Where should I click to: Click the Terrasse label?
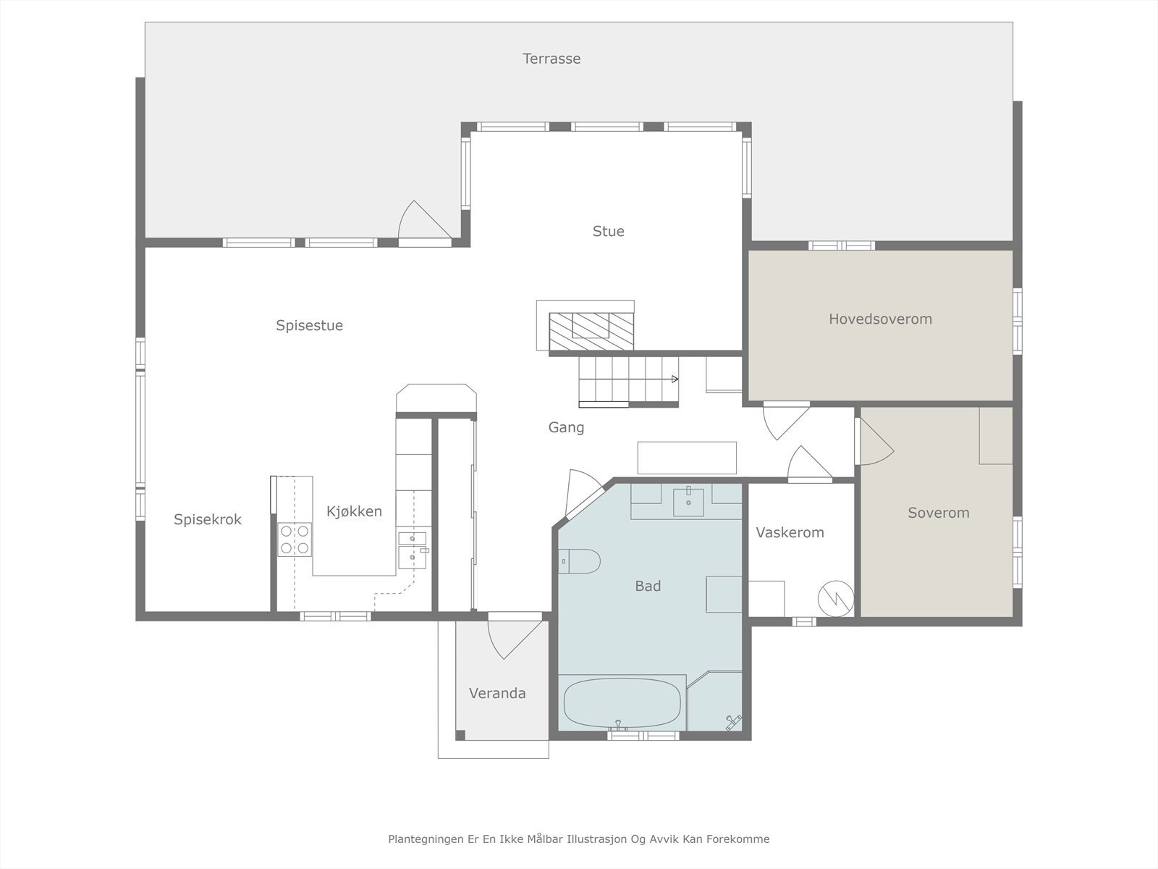[551, 59]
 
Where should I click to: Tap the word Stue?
[608, 231]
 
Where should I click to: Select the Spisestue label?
[309, 326]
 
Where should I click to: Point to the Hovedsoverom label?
[880, 319]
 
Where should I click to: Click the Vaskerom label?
[790, 532]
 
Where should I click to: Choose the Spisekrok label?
[207, 520]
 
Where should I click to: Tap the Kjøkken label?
[354, 511]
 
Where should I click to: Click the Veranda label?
[497, 693]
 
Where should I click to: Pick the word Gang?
[566, 427]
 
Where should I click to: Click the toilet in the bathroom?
[579, 561]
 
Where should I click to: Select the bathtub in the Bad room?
[622, 703]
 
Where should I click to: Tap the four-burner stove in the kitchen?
[295, 540]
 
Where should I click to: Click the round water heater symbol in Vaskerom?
[836, 598]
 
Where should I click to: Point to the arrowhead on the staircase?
[675, 379]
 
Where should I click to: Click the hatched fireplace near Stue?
[591, 332]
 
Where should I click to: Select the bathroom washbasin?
[688, 503]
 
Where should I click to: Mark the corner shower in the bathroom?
[714, 701]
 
